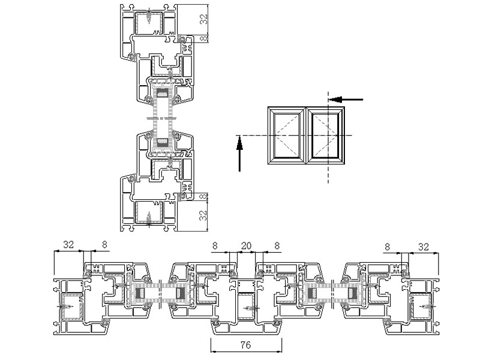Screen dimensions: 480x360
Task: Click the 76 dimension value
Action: (246, 345)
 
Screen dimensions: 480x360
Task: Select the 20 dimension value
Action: (246, 245)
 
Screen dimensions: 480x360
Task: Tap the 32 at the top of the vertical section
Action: (203, 19)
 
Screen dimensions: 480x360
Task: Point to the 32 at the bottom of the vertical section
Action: (203, 215)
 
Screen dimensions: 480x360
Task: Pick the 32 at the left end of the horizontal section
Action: (68, 245)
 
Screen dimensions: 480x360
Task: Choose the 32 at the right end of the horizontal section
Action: (424, 247)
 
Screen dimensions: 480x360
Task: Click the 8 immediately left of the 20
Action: (215, 245)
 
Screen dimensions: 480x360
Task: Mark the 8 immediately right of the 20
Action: (277, 245)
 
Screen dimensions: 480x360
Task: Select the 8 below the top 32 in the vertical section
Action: (203, 39)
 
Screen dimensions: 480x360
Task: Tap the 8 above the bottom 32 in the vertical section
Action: (203, 197)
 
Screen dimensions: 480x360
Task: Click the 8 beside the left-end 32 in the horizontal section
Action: (104, 245)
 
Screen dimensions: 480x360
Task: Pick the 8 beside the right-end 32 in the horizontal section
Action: (387, 247)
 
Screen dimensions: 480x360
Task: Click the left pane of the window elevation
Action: (287, 136)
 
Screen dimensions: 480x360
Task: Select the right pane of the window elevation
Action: (325, 136)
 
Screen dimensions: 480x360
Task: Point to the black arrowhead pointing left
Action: (335, 100)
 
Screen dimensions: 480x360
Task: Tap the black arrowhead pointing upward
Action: (239, 143)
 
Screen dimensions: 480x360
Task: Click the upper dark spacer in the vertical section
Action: (163, 93)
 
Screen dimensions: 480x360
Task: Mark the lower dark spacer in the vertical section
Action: (163, 142)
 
